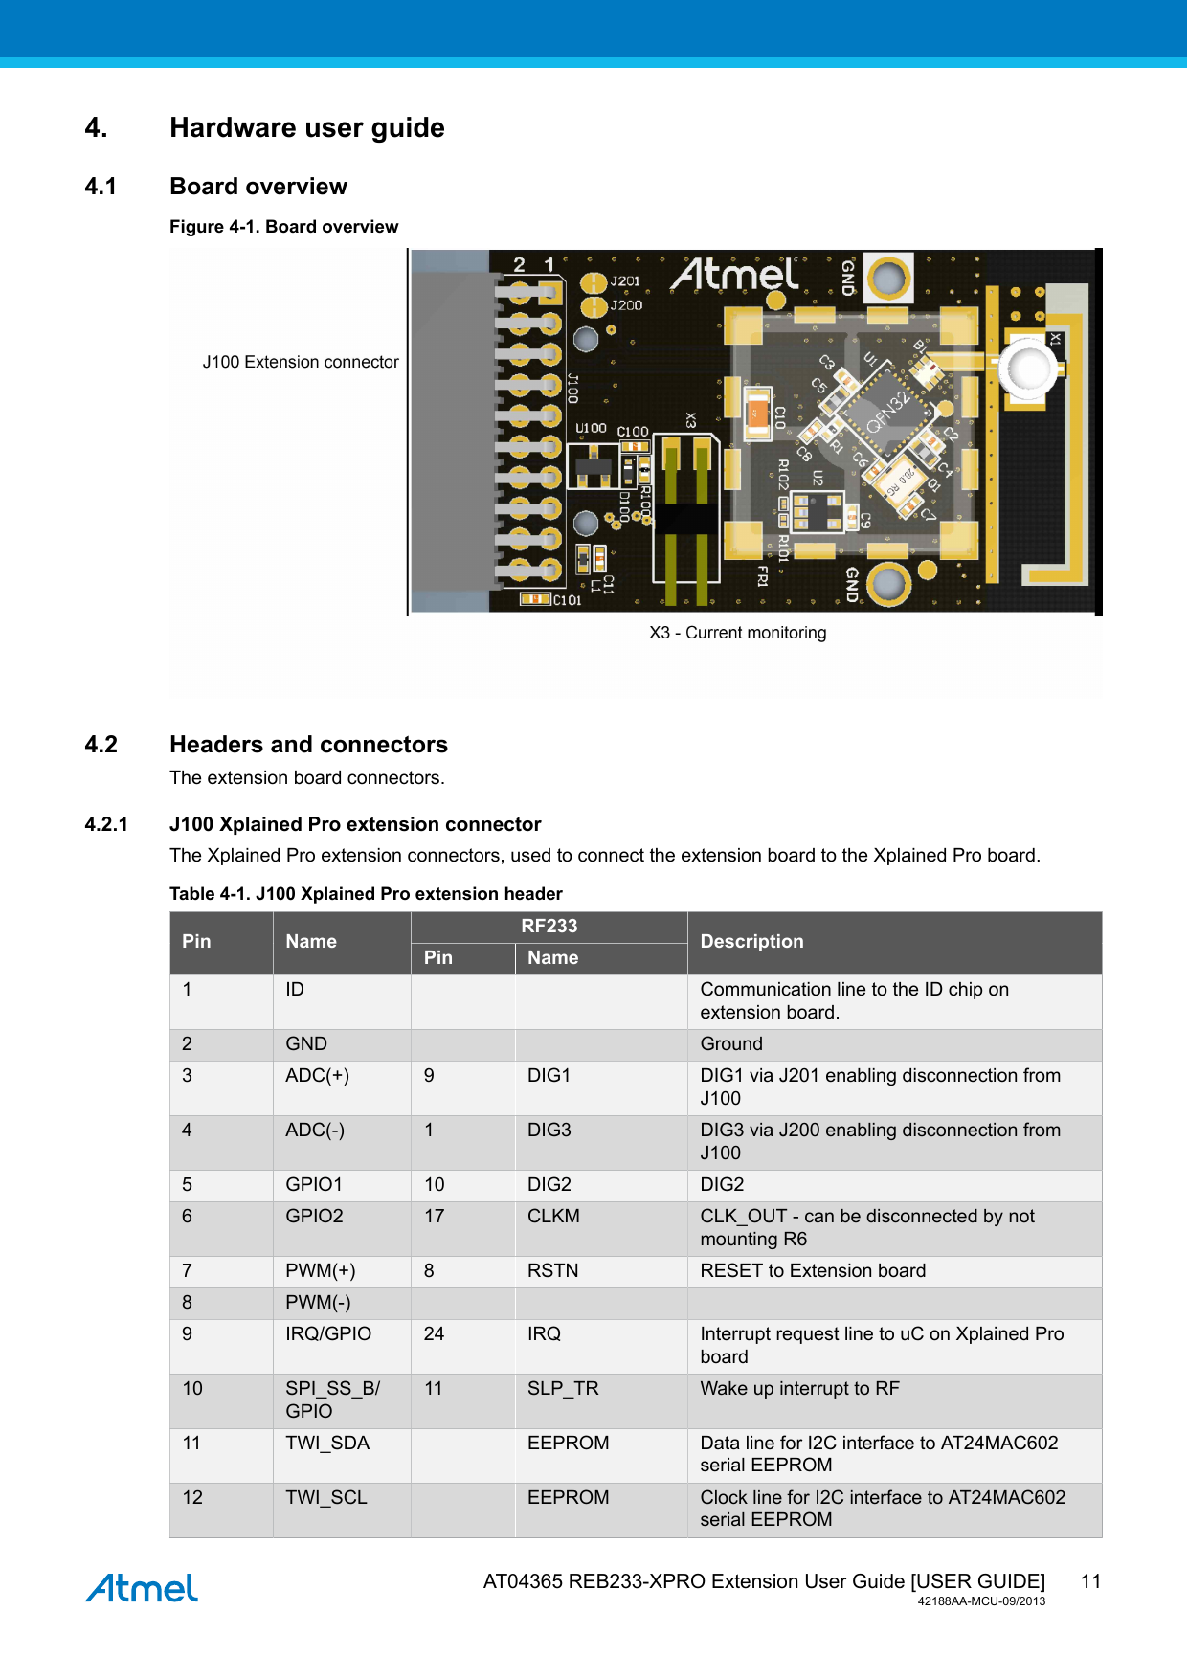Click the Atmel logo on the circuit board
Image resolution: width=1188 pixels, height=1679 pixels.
(x=734, y=276)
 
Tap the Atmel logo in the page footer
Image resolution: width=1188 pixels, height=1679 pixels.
(x=142, y=1588)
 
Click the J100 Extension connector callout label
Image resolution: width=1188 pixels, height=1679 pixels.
(x=301, y=362)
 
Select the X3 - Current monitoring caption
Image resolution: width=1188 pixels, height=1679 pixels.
(x=737, y=633)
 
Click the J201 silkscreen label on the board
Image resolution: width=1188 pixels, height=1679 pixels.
(x=625, y=281)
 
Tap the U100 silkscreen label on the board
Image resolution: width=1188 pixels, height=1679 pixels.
(x=591, y=428)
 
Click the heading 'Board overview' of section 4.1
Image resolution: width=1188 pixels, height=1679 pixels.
(x=258, y=187)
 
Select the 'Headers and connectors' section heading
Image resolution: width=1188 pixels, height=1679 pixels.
(x=308, y=745)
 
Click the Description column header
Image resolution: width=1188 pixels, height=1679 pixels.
(x=751, y=942)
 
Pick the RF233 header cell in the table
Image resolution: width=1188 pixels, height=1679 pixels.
(x=549, y=927)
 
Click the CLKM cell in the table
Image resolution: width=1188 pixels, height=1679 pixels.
(x=553, y=1217)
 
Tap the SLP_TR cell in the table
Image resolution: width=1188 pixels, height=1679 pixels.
(x=563, y=1389)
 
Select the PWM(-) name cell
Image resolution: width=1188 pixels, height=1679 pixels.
(x=318, y=1303)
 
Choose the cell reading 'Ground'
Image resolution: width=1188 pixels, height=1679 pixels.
(x=731, y=1044)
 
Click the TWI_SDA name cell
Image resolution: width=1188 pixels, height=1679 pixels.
(x=327, y=1444)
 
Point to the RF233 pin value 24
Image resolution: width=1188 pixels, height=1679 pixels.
(x=434, y=1334)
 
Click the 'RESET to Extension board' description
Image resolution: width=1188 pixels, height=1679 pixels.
(x=813, y=1271)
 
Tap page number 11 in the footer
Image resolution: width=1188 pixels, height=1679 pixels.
(x=1090, y=1581)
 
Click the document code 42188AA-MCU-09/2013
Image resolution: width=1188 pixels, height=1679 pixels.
(x=981, y=1601)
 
